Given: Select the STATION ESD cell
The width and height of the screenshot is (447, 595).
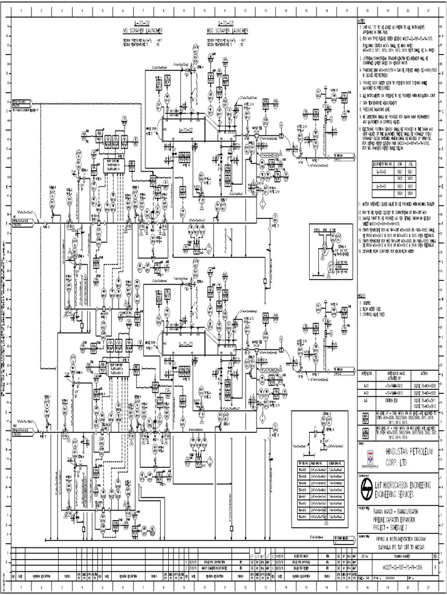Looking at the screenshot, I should pos(391,401).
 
